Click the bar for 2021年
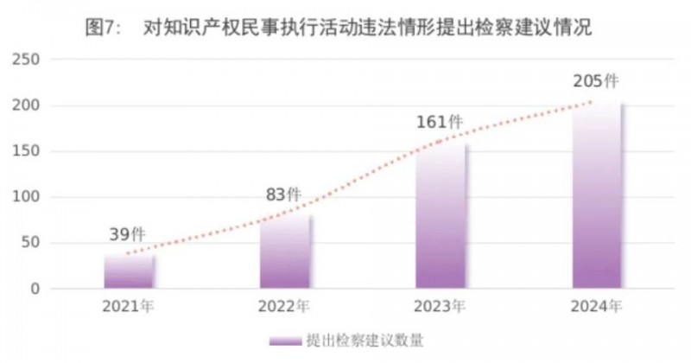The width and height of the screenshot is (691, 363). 130,271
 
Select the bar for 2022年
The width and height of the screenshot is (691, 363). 285,252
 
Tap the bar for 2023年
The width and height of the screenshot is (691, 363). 441,215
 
